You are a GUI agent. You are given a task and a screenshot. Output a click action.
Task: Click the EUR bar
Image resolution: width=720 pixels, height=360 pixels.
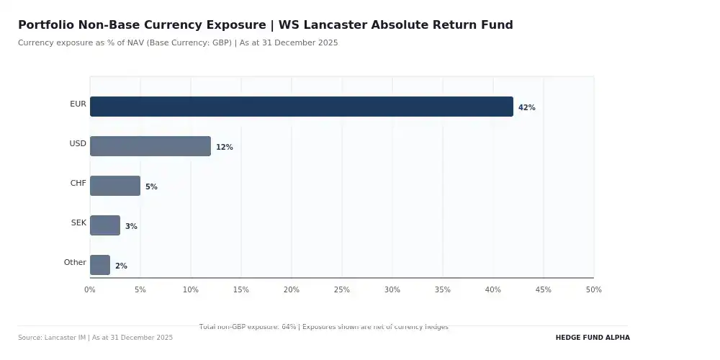point(301,107)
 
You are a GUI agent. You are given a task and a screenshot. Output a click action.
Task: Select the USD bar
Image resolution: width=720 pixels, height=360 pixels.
point(150,146)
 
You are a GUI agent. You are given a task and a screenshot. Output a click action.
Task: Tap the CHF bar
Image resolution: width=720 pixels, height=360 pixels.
point(114,186)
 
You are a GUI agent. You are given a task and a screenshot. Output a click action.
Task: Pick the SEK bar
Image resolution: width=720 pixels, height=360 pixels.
point(104,225)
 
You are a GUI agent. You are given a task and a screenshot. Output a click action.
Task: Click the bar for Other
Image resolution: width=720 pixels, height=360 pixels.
point(99,265)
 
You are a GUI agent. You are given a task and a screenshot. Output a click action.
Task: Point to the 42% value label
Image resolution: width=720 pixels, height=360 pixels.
point(526,108)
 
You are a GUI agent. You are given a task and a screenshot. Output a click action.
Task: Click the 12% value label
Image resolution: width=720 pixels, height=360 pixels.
point(224,148)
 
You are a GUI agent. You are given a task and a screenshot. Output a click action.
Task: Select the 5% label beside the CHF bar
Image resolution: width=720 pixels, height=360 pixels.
point(151,187)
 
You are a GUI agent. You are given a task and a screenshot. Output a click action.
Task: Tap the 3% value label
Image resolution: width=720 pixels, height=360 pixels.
point(131,227)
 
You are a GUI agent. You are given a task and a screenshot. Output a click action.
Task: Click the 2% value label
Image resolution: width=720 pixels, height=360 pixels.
point(121,266)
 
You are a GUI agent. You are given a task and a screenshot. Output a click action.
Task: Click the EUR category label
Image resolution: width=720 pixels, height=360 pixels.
point(78,104)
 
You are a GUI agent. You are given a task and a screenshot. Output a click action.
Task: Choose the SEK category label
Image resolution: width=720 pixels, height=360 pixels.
point(78,223)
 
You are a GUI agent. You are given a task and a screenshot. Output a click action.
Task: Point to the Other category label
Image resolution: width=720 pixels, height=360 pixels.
point(75,263)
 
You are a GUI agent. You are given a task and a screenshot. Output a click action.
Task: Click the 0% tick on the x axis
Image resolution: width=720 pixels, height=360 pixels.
point(90,290)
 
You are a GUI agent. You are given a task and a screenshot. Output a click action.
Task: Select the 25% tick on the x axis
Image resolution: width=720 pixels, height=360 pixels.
point(342,290)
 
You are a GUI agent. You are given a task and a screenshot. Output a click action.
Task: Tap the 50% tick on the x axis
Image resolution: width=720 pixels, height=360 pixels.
point(593,290)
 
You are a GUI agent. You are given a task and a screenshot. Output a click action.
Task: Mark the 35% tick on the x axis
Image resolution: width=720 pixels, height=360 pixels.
point(443,290)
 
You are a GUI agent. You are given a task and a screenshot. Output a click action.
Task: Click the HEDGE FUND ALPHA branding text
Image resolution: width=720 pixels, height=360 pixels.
point(592,338)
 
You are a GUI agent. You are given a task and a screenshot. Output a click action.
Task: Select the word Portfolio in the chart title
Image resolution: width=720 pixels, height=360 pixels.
point(45,25)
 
